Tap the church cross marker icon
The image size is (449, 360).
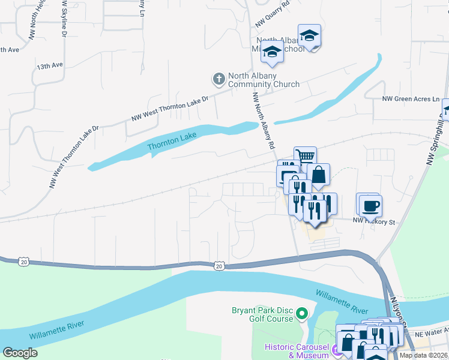click(218, 79)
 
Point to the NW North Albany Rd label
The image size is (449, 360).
click(264, 121)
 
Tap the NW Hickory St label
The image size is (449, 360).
click(375, 222)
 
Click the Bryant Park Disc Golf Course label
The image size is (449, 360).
click(263, 314)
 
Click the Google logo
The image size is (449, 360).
click(20, 353)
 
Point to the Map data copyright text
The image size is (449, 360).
click(423, 355)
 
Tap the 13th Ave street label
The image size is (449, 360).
click(49, 65)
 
